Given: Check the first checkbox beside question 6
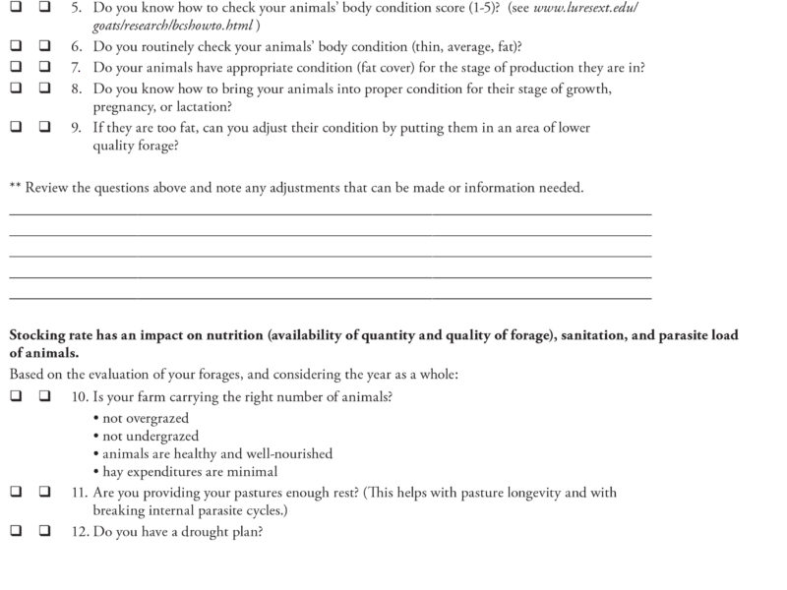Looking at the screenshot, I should tap(16, 47).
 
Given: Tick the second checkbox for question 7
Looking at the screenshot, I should tap(45, 68).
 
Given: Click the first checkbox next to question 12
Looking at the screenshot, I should tap(16, 532).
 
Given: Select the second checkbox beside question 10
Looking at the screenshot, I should tap(45, 396).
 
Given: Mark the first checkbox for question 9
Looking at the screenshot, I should tap(16, 128).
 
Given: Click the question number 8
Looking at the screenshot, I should tap(76, 88).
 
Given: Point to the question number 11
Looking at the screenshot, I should tap(80, 492).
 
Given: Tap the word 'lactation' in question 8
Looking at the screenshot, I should tap(200, 106).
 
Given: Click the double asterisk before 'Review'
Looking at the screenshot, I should tap(14, 187).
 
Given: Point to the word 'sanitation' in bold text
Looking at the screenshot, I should tap(598, 335).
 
